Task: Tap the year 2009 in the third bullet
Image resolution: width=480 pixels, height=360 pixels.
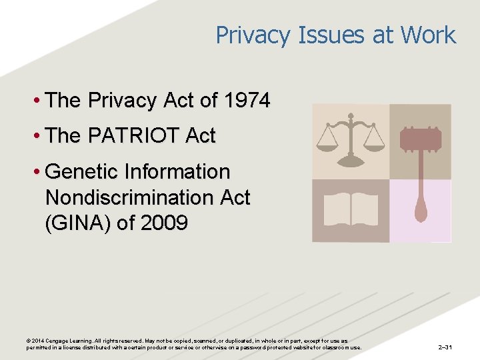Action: click(163, 223)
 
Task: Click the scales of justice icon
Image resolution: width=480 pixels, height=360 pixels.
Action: click(351, 141)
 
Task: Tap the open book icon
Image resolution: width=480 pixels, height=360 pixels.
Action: click(351, 209)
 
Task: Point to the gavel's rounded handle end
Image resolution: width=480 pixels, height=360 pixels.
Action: click(421, 212)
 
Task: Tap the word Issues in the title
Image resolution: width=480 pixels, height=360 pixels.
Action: click(328, 35)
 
